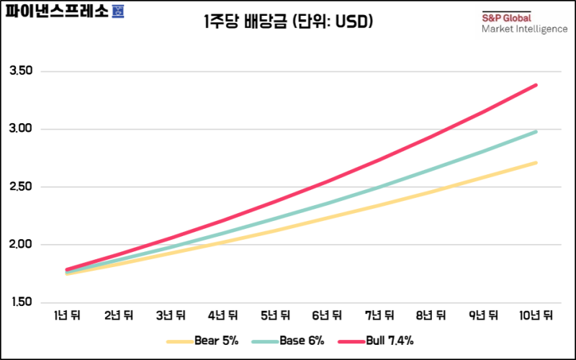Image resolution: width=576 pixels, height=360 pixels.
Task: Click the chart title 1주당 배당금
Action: coord(287,22)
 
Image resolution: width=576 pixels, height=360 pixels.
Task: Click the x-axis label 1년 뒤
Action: coord(67,315)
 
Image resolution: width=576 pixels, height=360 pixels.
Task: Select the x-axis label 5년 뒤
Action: coord(276,315)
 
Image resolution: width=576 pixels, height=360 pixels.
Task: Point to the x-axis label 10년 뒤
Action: coord(534,315)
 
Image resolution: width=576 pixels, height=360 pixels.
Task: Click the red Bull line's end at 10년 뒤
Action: coord(535,86)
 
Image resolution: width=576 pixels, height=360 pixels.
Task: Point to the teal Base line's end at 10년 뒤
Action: coord(535,132)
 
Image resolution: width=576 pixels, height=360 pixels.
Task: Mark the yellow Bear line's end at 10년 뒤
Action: coord(535,163)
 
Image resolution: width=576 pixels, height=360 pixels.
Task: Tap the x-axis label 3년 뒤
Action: coord(171,315)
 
